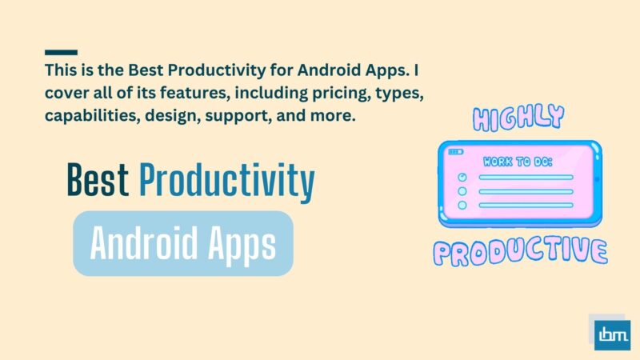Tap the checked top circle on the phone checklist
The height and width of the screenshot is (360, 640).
pos(461,178)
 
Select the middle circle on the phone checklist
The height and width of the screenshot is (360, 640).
pos(462,192)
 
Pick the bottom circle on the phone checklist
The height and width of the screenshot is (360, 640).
pos(462,206)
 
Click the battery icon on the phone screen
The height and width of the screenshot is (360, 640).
pos(455,151)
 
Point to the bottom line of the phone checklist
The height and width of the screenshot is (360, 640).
pos(526,206)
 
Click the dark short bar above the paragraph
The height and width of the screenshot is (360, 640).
pos(62,52)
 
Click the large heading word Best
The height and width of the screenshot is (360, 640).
pos(97,182)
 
